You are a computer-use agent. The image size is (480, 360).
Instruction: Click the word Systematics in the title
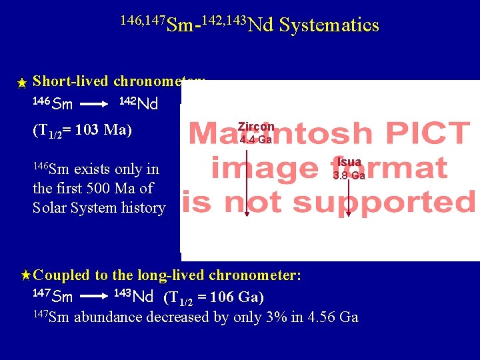[x=329, y=25]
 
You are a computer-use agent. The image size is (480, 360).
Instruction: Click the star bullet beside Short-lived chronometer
[x=22, y=83]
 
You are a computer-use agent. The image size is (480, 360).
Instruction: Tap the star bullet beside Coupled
[x=25, y=275]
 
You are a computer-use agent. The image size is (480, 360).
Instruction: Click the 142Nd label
[x=138, y=103]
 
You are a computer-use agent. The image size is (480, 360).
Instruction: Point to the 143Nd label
[x=133, y=295]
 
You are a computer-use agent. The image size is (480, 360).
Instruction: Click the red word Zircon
[x=256, y=127]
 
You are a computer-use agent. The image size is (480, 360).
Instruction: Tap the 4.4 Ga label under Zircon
[x=256, y=140]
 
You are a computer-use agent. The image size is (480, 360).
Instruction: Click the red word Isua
[x=349, y=163]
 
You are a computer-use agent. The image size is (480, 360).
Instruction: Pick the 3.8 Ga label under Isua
[x=349, y=176]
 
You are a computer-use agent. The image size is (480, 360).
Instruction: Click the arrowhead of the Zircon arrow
[x=247, y=213]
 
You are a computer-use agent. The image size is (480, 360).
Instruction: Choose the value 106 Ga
[x=234, y=297]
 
